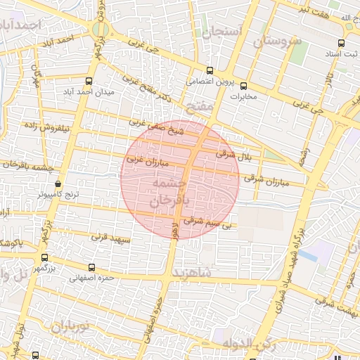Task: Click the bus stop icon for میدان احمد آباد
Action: click(88, 82)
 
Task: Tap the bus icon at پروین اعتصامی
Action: click(210, 70)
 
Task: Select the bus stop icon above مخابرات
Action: click(243, 86)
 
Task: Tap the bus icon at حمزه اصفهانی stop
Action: click(93, 267)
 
